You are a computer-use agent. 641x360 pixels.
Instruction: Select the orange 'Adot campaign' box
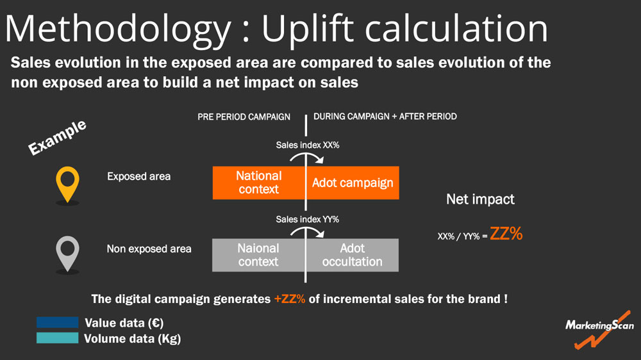pos(353,183)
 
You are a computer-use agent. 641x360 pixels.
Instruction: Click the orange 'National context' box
pos(259,183)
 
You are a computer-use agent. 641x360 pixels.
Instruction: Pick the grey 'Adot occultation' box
pos(353,255)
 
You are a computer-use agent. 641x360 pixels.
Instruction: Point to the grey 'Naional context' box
pos(258,255)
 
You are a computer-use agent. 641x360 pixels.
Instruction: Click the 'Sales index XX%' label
pos(308,145)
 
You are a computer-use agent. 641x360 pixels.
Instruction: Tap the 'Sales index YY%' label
pos(308,220)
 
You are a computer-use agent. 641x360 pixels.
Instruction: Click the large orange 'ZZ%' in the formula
pos(506,234)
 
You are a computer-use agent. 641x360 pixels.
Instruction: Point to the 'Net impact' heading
pos(480,199)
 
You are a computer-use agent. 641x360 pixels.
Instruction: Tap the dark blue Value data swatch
pos(57,322)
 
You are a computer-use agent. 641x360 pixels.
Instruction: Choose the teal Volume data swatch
pos(57,338)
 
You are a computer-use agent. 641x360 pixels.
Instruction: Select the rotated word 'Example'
pos(57,138)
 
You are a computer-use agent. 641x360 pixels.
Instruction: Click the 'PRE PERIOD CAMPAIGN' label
pos(244,117)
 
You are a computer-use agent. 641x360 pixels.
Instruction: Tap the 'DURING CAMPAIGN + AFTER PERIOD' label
pos(385,117)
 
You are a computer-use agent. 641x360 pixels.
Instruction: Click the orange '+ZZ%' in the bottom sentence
pos(290,299)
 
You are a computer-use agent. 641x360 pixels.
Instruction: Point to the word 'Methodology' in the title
pos(118,29)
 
